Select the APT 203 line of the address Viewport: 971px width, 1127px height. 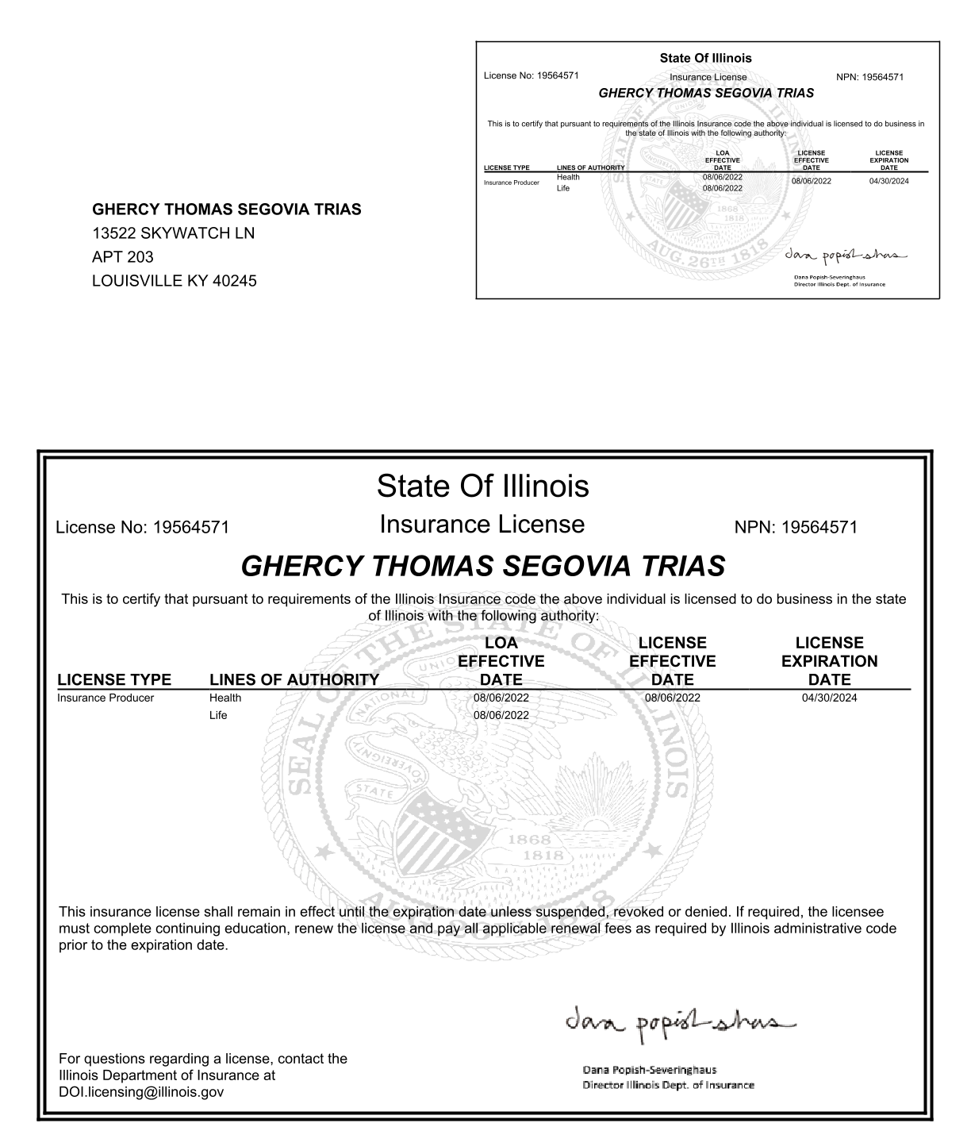pyautogui.click(x=123, y=257)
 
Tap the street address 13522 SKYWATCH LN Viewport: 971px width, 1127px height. pyautogui.click(x=173, y=233)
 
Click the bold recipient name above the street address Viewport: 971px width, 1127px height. pyautogui.click(x=227, y=210)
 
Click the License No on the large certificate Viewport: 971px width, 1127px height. pyautogui.click(x=143, y=528)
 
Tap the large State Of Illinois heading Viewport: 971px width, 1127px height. pyautogui.click(x=482, y=486)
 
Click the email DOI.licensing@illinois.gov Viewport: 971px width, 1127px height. pyautogui.click(x=141, y=1092)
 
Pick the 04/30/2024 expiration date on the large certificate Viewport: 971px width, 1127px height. pyautogui.click(x=829, y=698)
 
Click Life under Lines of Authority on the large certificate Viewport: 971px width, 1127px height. pyautogui.click(x=218, y=715)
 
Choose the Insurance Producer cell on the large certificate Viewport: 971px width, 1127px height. pyautogui.click(x=106, y=698)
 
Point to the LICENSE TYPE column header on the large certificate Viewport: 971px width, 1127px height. pyautogui.click(x=114, y=680)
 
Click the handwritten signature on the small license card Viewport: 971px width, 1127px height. pyautogui.click(x=843, y=256)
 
